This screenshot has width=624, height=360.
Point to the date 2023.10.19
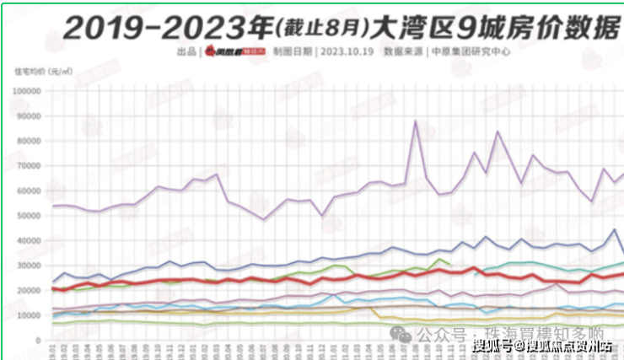coord(348,51)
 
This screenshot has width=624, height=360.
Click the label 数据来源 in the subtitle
coord(401,51)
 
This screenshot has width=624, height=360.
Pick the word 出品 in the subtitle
coord(186,51)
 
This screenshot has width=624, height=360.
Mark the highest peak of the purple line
coord(415,121)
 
